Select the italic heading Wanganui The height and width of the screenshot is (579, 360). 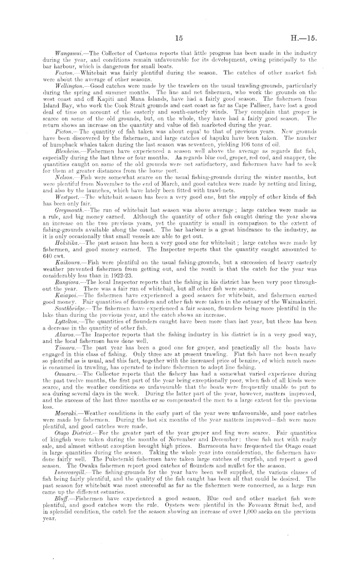pyautogui.click(x=69, y=53)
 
